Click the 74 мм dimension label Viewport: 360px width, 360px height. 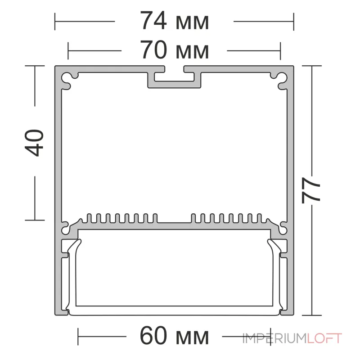coord(175,21)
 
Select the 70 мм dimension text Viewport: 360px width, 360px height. coord(175,50)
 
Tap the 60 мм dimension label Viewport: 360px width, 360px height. coord(175,336)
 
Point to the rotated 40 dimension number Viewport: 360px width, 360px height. coord(34,143)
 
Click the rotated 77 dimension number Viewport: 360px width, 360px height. coord(310,190)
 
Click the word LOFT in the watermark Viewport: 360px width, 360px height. coord(324,338)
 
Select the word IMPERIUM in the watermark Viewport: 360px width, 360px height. coord(274,338)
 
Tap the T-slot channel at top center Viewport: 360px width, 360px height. coord(174,77)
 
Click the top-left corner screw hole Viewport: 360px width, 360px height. coord(66,77)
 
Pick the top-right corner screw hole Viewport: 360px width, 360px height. coord(283,77)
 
